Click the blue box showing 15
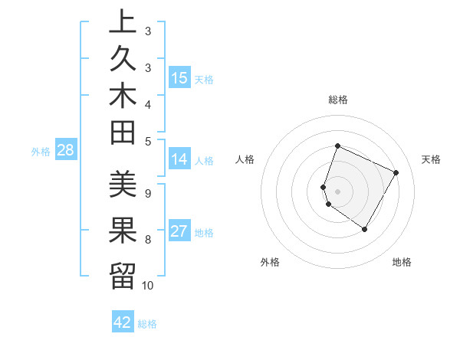coord(180,77)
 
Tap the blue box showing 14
coord(179,159)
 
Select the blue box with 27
coord(179,232)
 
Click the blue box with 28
coord(65,150)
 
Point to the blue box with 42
coord(123,322)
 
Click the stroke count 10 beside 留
coord(148,285)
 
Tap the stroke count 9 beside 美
coord(148,193)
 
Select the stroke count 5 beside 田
coord(148,140)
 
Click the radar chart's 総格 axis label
coord(338,100)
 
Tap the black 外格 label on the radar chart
coord(270,262)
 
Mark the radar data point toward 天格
coord(396,172)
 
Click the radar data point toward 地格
coord(365,229)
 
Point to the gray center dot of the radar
coord(338,191)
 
